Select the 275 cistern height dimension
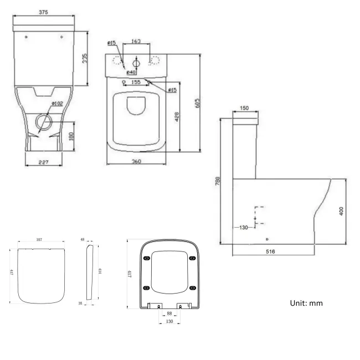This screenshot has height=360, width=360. click(85, 58)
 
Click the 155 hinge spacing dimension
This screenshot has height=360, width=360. click(135, 81)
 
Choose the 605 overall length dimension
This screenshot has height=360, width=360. click(198, 104)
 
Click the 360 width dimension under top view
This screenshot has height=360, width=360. click(136, 162)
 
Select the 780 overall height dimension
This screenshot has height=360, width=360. click(218, 182)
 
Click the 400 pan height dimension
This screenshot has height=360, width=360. click(341, 210)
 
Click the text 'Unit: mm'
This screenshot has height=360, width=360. click(306, 303)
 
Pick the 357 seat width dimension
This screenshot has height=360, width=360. click(40, 239)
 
